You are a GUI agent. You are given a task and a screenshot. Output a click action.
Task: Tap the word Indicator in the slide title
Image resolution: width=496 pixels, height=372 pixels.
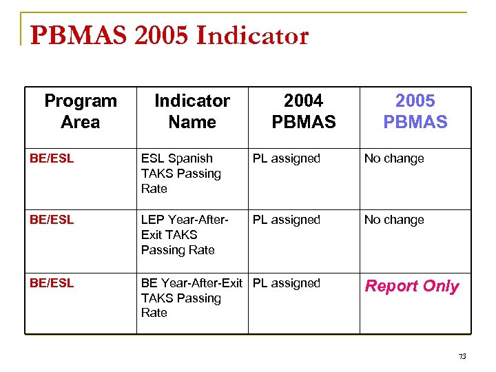tap(252, 36)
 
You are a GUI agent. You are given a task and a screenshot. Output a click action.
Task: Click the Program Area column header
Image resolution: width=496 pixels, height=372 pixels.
tap(81, 112)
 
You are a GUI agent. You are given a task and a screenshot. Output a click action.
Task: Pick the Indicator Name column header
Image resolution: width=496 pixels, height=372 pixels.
tap(192, 112)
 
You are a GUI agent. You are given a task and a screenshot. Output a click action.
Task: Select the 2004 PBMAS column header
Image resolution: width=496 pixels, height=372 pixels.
tap(304, 112)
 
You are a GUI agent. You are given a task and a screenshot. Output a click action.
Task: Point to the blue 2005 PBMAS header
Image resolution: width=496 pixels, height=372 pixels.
tap(415, 112)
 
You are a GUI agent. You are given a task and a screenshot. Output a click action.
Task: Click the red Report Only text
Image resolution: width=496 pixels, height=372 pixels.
tap(412, 286)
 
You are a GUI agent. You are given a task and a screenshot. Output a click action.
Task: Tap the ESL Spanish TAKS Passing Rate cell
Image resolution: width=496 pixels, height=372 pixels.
tap(180, 174)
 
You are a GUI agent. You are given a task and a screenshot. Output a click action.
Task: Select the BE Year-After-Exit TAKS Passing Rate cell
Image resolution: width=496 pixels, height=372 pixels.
tap(191, 298)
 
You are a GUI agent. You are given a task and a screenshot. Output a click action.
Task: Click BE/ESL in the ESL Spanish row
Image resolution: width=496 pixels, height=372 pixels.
tap(52, 158)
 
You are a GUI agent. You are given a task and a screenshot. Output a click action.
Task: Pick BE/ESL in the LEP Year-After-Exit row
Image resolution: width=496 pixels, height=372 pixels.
tap(52, 220)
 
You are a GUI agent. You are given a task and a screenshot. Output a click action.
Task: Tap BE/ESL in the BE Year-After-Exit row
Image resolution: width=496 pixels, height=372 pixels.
tap(52, 283)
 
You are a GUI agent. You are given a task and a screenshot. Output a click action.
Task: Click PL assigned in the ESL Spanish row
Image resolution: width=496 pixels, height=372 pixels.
tap(286, 158)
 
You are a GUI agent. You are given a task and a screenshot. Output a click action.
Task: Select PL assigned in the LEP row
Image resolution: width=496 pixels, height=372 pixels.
tap(286, 220)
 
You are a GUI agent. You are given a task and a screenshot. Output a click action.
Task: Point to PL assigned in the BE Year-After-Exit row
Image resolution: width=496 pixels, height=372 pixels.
tap(286, 283)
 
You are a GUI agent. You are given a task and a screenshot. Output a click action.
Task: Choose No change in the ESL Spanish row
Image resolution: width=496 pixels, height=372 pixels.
tap(394, 158)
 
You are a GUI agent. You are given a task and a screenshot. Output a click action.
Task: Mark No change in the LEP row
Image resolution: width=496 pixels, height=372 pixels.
tap(394, 220)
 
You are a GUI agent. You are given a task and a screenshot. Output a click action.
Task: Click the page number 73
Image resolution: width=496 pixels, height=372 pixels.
tap(462, 356)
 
